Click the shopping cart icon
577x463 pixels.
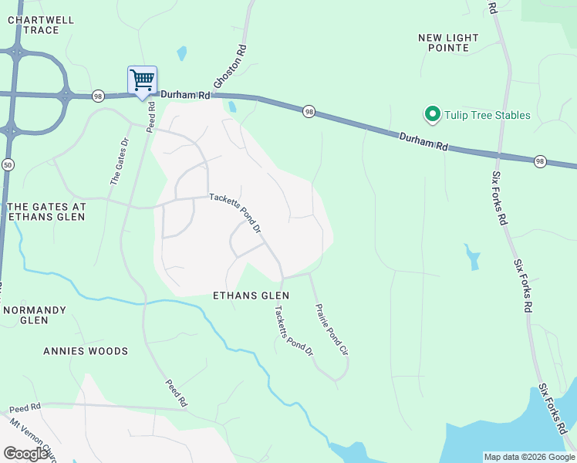point(142,80)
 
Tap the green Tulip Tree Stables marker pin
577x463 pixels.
point(432,116)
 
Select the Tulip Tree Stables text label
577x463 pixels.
point(487,116)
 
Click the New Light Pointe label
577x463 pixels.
point(448,42)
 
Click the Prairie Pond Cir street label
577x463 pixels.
point(332,329)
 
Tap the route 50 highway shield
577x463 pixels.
point(8,164)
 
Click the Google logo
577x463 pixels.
point(26,454)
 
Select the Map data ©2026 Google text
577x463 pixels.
point(529,457)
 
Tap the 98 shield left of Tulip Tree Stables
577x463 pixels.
point(308,111)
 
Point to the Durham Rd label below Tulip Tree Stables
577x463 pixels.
point(423,142)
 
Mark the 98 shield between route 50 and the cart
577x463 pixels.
point(97,96)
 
